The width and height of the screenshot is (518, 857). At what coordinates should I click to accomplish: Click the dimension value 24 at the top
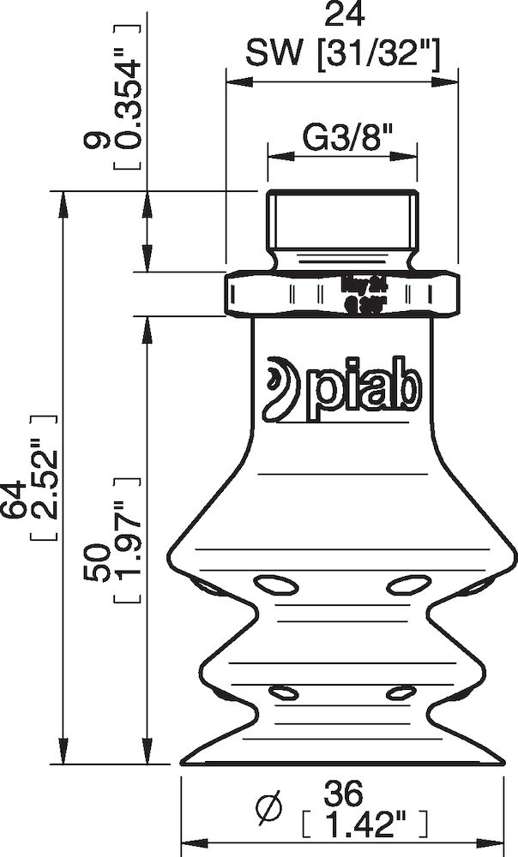pyautogui.click(x=341, y=15)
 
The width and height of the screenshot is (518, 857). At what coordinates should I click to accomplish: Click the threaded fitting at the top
pyautogui.click(x=341, y=223)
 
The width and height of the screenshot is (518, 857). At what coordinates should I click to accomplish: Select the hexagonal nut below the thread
pyautogui.click(x=341, y=292)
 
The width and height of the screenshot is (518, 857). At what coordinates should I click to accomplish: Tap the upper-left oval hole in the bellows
pyautogui.click(x=274, y=585)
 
